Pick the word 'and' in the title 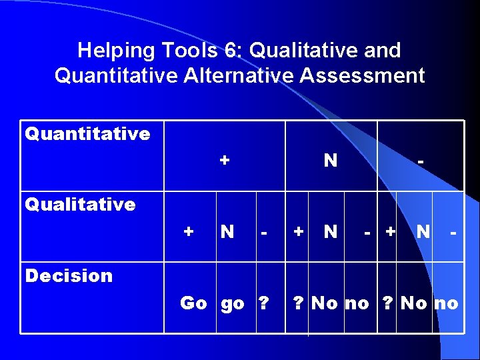pos(384,50)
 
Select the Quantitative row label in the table pos(87,134)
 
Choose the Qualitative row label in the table pos(80,204)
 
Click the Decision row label pos(69,275)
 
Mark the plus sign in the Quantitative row pos(225,161)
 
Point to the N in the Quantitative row pos(330,161)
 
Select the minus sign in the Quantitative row pos(420,161)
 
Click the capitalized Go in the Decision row pos(193,303)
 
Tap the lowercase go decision pos(232,304)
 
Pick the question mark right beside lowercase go pos(263,303)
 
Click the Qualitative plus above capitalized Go pos(189,232)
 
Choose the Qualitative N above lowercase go pos(227,232)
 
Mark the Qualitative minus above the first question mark pos(265,232)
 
